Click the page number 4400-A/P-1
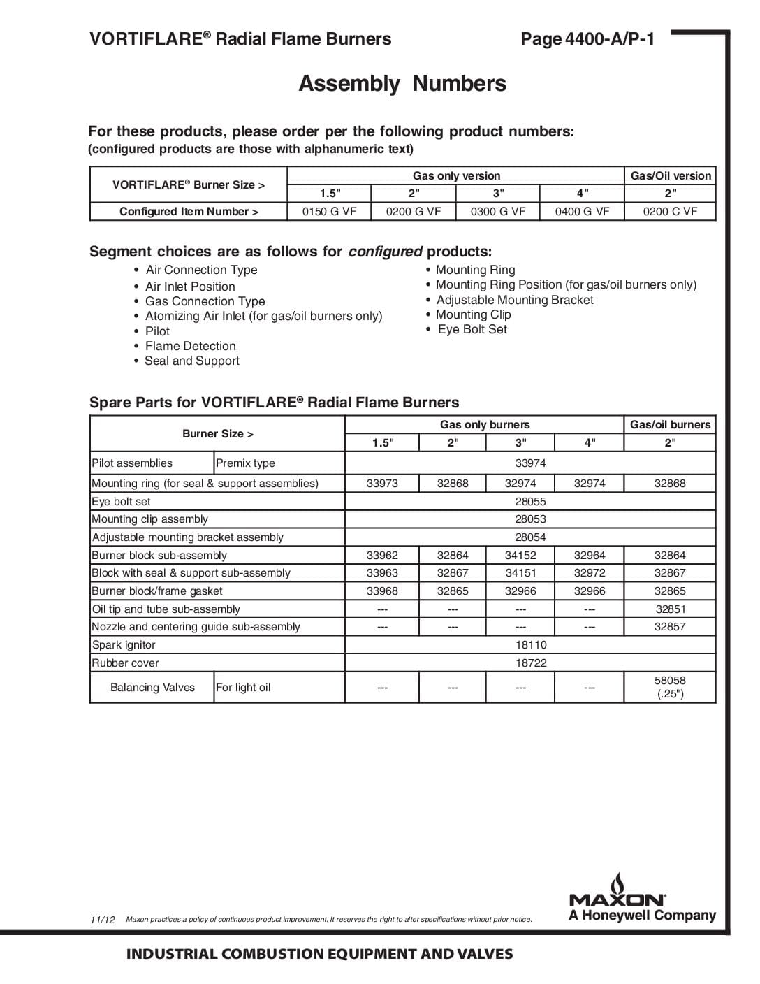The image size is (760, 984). [x=587, y=39]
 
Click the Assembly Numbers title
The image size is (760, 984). [x=402, y=84]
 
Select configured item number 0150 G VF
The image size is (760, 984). [x=329, y=212]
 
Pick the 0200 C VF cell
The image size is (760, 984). [x=670, y=212]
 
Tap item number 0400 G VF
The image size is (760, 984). [x=582, y=212]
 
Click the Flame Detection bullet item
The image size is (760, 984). [x=190, y=346]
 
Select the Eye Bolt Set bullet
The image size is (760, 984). [x=472, y=329]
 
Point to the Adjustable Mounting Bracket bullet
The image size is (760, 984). [x=515, y=300]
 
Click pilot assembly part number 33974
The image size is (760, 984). [x=530, y=463]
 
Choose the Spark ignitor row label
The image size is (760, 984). [x=124, y=645]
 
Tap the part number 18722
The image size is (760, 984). [x=530, y=663]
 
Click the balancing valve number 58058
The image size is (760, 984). [x=670, y=681]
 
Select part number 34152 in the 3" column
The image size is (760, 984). [x=520, y=556]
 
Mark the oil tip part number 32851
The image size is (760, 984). [x=670, y=609]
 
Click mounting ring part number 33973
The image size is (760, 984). [x=382, y=484]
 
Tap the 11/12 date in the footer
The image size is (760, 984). [x=103, y=920]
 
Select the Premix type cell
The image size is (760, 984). [x=245, y=463]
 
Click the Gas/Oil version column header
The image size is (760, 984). [x=671, y=176]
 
